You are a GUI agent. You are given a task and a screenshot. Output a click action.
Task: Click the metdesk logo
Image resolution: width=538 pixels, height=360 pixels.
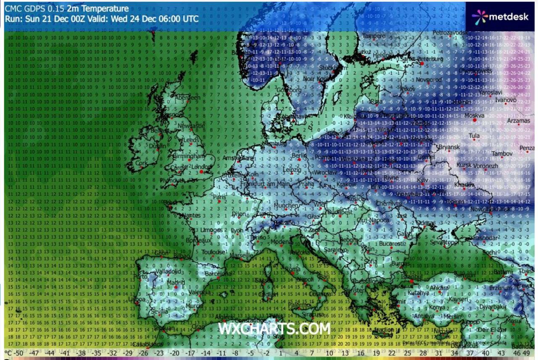pyautogui.click(x=500, y=17)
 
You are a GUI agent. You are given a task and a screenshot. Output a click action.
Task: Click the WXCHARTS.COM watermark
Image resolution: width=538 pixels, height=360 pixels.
pyautogui.click(x=274, y=328)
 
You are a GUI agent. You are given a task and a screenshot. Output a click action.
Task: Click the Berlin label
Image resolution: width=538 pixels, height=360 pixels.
pyautogui.click(x=299, y=155)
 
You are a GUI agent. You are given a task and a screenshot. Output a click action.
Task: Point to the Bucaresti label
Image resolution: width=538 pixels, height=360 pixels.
pyautogui.click(x=390, y=244)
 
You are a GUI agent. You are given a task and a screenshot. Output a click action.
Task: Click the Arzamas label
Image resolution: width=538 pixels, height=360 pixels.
pyautogui.click(x=519, y=121)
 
